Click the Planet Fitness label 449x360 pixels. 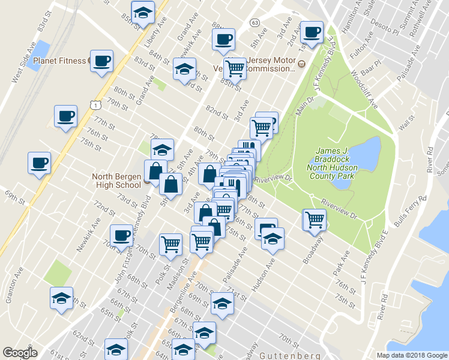59,61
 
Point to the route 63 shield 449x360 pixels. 255,23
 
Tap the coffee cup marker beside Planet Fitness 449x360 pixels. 101,61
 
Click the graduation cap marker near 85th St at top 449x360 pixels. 143,12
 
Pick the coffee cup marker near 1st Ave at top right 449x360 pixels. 311,32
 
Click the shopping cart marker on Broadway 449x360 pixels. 315,219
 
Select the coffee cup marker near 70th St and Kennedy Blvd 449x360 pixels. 122,235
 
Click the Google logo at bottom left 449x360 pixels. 20,353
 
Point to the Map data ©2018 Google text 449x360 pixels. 412,355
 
